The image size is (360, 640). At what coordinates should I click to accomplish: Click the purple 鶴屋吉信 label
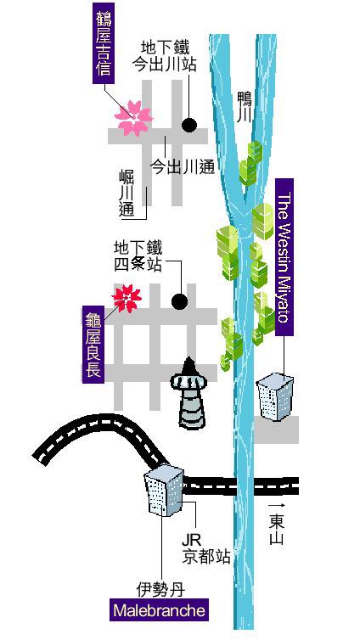tap(104, 42)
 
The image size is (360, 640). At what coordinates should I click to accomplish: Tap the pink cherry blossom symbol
tap(133, 117)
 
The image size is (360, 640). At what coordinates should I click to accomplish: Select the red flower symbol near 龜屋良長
tap(127, 299)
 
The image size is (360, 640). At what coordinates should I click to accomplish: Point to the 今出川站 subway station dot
tap(189, 125)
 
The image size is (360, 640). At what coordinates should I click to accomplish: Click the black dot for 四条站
tap(180, 301)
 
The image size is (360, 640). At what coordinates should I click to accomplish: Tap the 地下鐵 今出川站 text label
tap(165, 56)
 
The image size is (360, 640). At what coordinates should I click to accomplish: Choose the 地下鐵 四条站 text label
tap(138, 256)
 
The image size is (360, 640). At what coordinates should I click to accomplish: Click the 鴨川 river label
tap(245, 107)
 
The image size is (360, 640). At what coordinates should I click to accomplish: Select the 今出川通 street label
tap(183, 166)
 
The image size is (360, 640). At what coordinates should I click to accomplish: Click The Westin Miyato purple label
tap(284, 256)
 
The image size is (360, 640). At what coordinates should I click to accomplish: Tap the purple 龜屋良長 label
tap(93, 344)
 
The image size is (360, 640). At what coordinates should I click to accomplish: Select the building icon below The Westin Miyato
tap(275, 397)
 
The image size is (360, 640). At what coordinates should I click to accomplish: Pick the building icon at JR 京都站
tap(164, 491)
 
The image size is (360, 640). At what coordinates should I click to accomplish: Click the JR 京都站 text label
tap(206, 549)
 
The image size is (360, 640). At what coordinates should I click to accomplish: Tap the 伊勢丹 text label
tap(160, 589)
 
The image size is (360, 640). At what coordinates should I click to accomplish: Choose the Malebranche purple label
tap(159, 610)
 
